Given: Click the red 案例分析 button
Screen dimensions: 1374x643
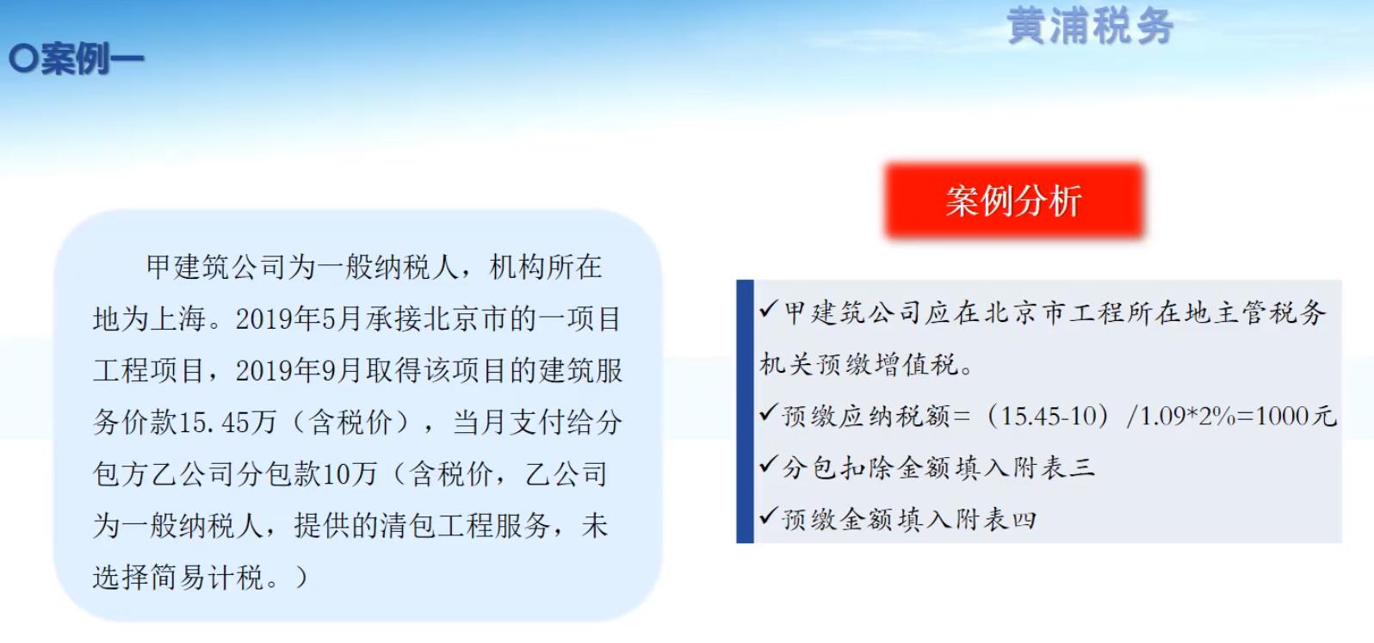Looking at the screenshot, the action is click(1014, 201).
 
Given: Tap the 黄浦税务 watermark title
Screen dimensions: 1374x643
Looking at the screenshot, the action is click(1090, 27).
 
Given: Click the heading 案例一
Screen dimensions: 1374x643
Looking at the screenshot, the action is click(92, 59).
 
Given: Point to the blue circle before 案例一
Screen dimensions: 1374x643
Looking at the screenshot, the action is click(23, 59).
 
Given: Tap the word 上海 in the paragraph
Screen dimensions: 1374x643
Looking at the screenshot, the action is click(178, 319).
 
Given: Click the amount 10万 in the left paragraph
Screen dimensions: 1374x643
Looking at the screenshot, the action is click(349, 474).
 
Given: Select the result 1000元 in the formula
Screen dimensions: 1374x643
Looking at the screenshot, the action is click(1297, 417).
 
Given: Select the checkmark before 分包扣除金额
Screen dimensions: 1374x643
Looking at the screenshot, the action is click(769, 465).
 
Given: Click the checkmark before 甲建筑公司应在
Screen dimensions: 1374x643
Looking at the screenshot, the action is click(769, 309).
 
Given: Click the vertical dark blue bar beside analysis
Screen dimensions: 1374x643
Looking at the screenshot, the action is click(745, 411).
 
